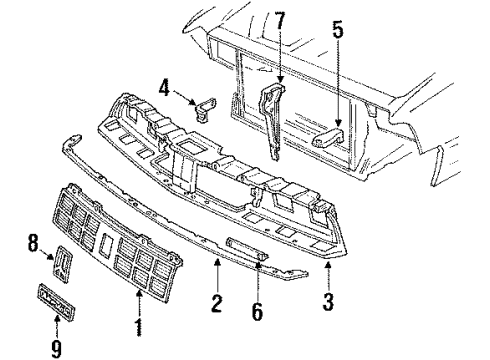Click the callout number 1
(137, 327)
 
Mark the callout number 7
(280, 19)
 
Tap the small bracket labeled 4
(207, 104)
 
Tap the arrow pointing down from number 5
(337, 85)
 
